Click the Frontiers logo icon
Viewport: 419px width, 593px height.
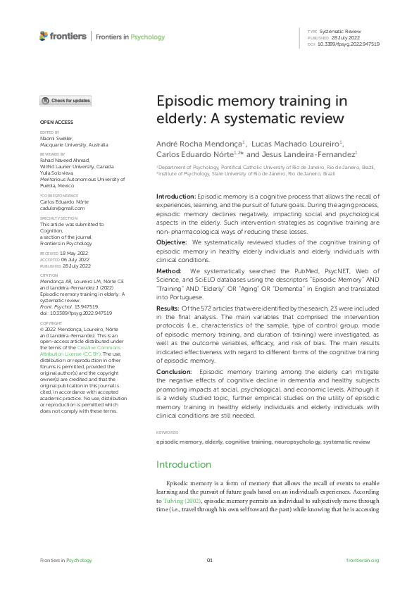click(44, 35)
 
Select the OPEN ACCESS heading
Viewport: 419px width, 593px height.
click(53, 123)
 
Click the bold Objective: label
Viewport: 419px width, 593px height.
click(171, 242)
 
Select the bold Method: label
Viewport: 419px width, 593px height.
click(168, 270)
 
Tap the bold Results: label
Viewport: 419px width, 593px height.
click(169, 307)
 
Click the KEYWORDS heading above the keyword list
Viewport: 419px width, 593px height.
click(167, 432)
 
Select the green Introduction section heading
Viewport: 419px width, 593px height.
click(183, 464)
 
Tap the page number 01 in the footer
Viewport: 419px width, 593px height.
click(209, 560)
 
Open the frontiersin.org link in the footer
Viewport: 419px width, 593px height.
click(363, 560)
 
